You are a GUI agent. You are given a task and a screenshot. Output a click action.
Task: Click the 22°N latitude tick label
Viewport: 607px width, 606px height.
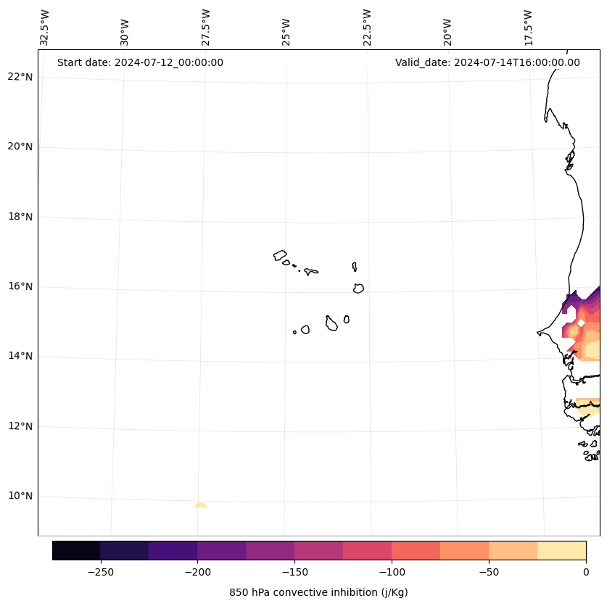tap(20, 77)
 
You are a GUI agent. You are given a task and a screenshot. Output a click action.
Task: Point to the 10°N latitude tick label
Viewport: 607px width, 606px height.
tap(20, 497)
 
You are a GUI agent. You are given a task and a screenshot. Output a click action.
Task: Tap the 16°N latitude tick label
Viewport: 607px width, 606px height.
tap(20, 286)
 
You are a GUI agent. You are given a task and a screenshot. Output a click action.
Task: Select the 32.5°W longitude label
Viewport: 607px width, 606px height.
tap(44, 28)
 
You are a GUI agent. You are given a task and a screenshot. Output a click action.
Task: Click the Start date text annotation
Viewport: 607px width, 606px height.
tap(140, 62)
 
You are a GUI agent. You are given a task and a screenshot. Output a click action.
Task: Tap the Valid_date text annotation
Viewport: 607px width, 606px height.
tap(487, 62)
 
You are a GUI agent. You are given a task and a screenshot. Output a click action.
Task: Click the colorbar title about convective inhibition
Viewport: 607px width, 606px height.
tap(318, 592)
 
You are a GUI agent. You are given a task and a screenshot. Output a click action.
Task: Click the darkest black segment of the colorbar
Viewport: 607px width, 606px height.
tap(76, 550)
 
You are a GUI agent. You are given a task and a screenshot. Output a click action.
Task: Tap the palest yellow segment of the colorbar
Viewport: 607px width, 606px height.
tap(562, 550)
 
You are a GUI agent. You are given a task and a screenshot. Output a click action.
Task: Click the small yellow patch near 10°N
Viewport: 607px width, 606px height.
tap(201, 505)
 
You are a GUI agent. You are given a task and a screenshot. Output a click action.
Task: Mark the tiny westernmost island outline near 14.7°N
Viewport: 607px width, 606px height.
tap(294, 332)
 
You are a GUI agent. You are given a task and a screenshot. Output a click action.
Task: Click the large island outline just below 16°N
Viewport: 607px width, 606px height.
tap(358, 288)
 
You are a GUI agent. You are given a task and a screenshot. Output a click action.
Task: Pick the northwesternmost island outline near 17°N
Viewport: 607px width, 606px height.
tap(280, 254)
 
